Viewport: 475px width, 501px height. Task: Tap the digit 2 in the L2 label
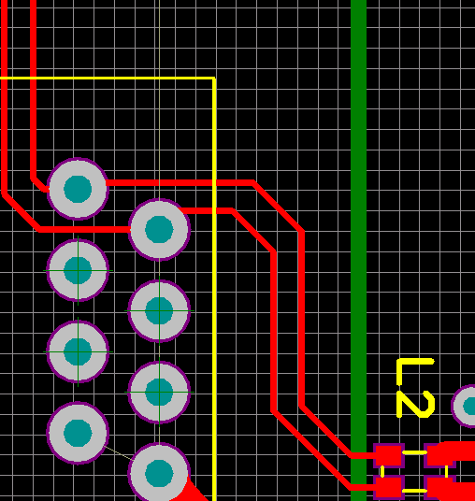(x=415, y=404)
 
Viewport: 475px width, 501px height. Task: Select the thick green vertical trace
(x=358, y=243)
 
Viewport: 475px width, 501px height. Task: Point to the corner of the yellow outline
(x=214, y=78)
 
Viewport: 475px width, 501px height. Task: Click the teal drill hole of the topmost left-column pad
(x=78, y=189)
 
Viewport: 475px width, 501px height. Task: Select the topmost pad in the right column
(x=159, y=229)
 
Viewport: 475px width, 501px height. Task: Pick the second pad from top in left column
(x=78, y=270)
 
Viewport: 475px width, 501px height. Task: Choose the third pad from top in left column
(x=78, y=351)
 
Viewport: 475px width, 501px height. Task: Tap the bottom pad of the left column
(x=78, y=433)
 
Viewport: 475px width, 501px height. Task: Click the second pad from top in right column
(x=159, y=311)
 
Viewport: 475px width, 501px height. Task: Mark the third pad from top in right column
(x=159, y=392)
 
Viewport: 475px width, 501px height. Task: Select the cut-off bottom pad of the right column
(x=159, y=472)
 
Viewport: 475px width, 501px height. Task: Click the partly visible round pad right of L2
(x=464, y=406)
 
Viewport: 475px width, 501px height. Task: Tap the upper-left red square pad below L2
(x=389, y=455)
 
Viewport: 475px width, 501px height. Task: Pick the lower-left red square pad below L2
(x=389, y=488)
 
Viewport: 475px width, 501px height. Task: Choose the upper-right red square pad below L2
(x=439, y=455)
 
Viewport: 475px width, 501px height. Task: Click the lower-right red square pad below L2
(x=439, y=488)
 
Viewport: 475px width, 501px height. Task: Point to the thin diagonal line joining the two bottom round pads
(x=118, y=452)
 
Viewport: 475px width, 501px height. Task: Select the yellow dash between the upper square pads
(x=414, y=452)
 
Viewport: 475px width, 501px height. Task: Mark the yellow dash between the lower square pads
(x=414, y=491)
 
